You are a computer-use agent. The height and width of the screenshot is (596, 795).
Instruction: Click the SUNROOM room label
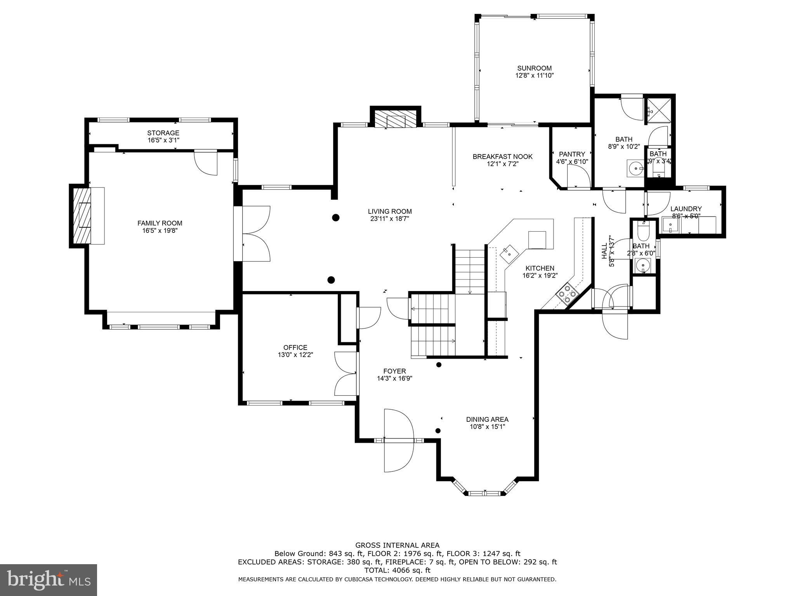(x=534, y=68)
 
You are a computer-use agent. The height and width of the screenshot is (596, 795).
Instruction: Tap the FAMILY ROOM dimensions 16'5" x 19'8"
(x=160, y=230)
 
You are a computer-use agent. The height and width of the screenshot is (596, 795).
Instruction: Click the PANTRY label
(x=571, y=154)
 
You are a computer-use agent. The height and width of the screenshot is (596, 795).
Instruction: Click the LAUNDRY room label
(x=686, y=209)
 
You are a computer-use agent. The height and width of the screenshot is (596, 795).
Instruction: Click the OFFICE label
(x=295, y=347)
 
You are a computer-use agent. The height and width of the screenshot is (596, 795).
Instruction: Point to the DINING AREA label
(x=487, y=419)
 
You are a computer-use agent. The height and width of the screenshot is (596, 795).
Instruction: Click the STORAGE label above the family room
(x=163, y=133)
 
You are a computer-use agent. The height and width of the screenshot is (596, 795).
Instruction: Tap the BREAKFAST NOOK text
(x=502, y=156)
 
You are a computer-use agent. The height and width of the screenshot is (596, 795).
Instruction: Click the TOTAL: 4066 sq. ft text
(x=397, y=570)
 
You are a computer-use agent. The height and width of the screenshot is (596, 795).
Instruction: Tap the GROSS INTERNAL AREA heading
(x=397, y=545)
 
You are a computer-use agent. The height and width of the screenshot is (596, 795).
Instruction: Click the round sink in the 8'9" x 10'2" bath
(x=635, y=169)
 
